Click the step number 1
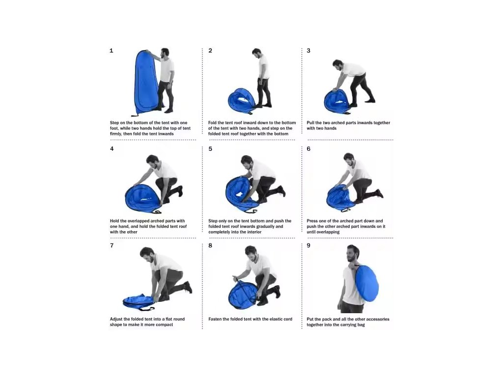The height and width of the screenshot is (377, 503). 112,51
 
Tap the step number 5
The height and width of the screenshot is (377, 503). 210,149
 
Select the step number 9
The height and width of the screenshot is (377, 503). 308,245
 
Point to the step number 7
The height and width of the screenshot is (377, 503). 112,245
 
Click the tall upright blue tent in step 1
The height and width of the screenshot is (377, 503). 146,82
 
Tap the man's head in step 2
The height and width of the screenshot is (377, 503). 257,53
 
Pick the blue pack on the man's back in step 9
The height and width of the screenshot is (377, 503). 366,283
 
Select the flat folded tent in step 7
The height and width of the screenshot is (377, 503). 139,301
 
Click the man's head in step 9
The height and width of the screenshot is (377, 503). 353,253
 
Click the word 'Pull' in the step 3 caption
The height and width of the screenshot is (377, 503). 311,123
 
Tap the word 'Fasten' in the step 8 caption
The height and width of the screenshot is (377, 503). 216,319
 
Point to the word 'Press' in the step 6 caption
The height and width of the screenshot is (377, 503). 313,221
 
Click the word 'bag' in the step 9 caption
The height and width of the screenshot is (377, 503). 361,325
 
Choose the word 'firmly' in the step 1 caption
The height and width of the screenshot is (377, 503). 116,134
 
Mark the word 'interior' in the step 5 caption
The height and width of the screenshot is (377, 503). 253,232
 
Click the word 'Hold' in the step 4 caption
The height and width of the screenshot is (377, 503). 114,221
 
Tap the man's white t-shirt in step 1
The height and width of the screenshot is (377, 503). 167,70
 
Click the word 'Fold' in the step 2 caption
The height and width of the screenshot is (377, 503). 212,123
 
